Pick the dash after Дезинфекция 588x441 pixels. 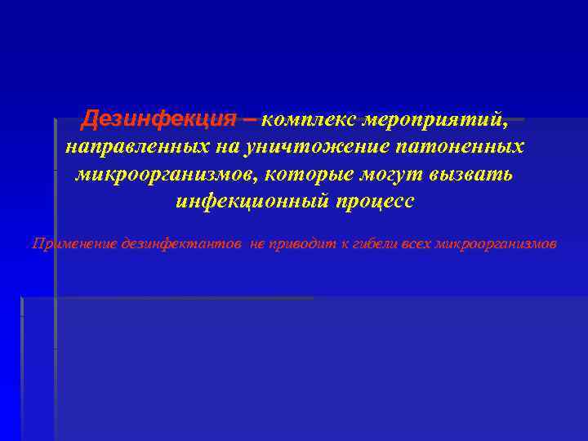[x=248, y=120]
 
